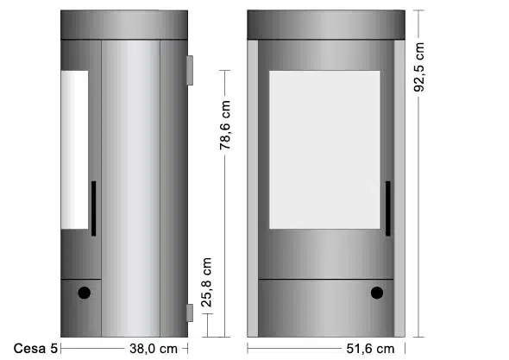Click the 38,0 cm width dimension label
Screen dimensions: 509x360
tap(154, 349)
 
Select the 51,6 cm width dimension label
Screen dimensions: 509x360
tap(370, 349)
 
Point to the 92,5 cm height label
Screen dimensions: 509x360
tap(418, 67)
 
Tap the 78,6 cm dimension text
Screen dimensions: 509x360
tap(224, 125)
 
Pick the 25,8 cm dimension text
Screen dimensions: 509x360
tap(206, 282)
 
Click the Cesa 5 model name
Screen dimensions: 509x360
tap(35, 349)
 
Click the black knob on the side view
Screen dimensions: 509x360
tap(84, 293)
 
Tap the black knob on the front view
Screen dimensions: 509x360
tap(376, 293)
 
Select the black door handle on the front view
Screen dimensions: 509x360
tap(388, 208)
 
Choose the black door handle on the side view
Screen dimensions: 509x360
tap(93, 208)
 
